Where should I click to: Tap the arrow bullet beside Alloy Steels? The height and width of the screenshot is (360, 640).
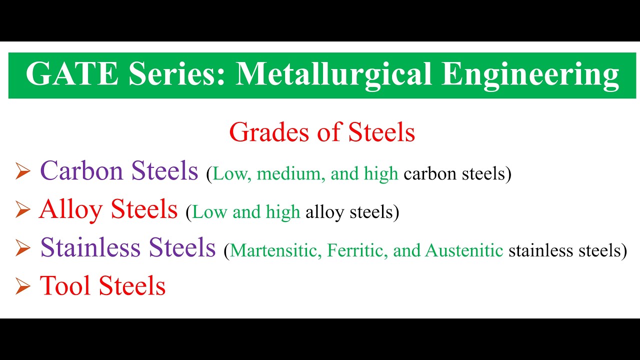[x=23, y=210]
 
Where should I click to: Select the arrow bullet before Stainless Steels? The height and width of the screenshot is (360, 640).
[x=23, y=248]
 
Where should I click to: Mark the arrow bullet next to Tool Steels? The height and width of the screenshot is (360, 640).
[x=23, y=286]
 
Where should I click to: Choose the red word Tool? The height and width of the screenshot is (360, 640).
[x=66, y=285]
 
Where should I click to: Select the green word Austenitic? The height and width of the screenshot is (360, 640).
[x=464, y=250]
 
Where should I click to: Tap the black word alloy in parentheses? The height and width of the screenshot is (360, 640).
[x=324, y=212]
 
